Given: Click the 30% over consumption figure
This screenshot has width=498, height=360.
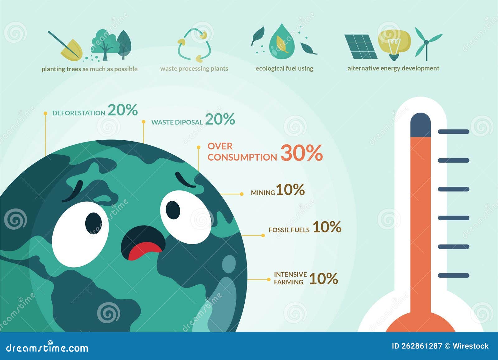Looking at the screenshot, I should [301, 153].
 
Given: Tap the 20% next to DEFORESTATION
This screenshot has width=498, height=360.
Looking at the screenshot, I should [123, 110].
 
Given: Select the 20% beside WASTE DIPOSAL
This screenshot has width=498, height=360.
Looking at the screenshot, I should [220, 119].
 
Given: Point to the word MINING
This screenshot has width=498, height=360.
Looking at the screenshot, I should [263, 193].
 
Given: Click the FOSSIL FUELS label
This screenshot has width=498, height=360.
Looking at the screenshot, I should [289, 230].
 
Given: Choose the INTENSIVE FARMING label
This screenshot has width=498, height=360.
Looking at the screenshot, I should [290, 278].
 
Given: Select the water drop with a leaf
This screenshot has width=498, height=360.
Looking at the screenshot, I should [282, 42].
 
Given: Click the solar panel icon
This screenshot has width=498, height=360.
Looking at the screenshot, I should [361, 47].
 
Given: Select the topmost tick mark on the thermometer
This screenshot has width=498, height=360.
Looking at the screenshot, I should [453, 132].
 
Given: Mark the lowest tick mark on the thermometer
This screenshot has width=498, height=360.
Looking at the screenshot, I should [453, 275].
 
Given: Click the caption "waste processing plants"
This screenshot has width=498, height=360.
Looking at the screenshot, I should [194, 68].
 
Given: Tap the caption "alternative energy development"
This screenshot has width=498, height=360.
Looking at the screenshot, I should [393, 68].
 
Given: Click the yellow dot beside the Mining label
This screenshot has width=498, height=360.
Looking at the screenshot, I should [242, 194].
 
